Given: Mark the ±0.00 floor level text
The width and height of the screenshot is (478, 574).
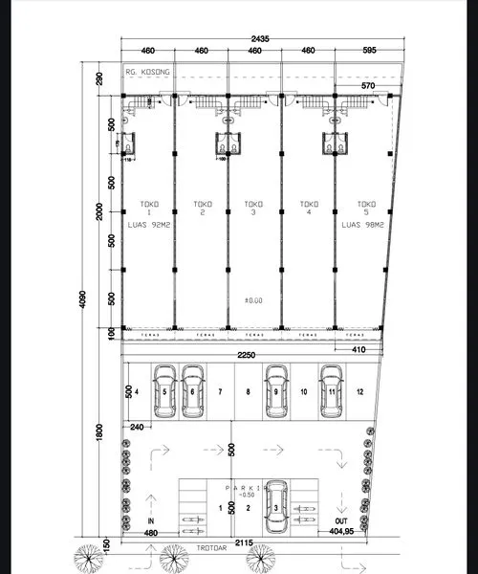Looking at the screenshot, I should [x=253, y=300].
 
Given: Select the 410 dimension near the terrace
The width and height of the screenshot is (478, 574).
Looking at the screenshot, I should [x=358, y=350].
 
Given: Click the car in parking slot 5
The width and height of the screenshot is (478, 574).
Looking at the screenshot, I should [x=164, y=391].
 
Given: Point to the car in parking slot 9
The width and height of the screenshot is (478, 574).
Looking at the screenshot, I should [x=276, y=391].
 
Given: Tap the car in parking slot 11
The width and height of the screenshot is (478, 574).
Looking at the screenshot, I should [x=332, y=391].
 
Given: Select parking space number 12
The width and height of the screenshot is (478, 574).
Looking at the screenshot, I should [x=358, y=392].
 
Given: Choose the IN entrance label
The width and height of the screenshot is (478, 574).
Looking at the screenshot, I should [x=150, y=520].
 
